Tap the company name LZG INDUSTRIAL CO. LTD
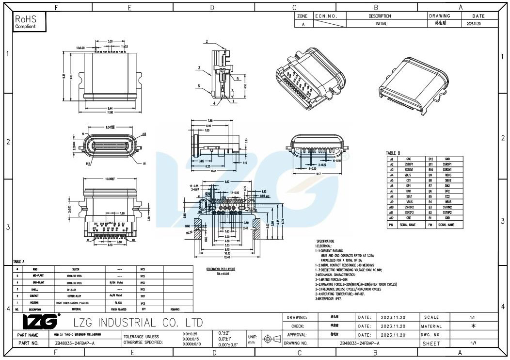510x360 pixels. click(x=137, y=323)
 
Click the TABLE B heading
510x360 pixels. click(x=393, y=153)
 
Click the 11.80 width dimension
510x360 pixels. click(x=110, y=112)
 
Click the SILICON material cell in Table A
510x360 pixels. click(x=77, y=269)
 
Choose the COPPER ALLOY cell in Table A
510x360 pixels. click(x=77, y=295)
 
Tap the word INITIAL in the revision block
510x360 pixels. click(x=381, y=24)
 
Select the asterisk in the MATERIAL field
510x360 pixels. click(x=472, y=326)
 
